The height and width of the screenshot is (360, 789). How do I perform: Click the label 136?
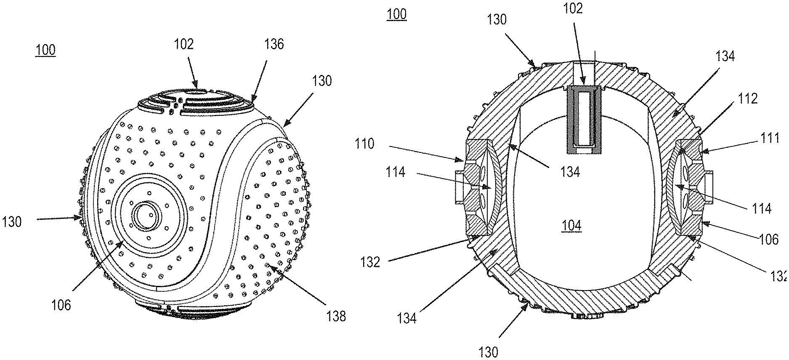click(x=274, y=44)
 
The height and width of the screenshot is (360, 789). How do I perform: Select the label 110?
click(x=364, y=144)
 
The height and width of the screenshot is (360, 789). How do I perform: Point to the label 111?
click(x=772, y=138)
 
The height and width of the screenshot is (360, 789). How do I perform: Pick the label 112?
click(x=747, y=99)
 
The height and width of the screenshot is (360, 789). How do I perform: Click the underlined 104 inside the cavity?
click(x=571, y=226)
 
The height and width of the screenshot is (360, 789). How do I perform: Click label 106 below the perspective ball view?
click(x=61, y=305)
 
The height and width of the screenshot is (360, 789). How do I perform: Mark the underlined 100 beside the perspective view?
click(x=45, y=50)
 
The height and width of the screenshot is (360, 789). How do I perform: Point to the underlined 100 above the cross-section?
click(x=397, y=15)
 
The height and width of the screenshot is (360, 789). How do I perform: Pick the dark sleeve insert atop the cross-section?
click(x=583, y=120)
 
